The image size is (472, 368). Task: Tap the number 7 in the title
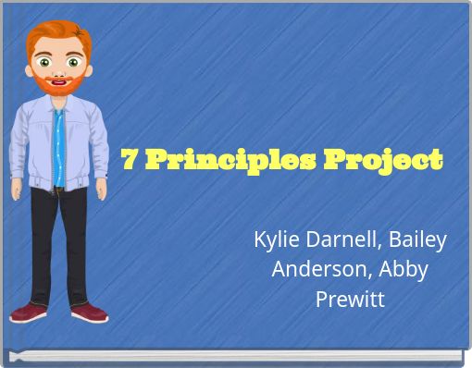(x=130, y=160)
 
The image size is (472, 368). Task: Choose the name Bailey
(x=417, y=240)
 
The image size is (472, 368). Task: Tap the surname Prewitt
(x=349, y=300)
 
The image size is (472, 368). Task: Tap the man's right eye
(x=44, y=64)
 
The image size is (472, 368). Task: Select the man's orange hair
(x=56, y=35)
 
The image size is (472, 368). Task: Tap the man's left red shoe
(x=89, y=313)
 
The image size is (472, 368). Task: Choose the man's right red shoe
(x=29, y=313)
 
